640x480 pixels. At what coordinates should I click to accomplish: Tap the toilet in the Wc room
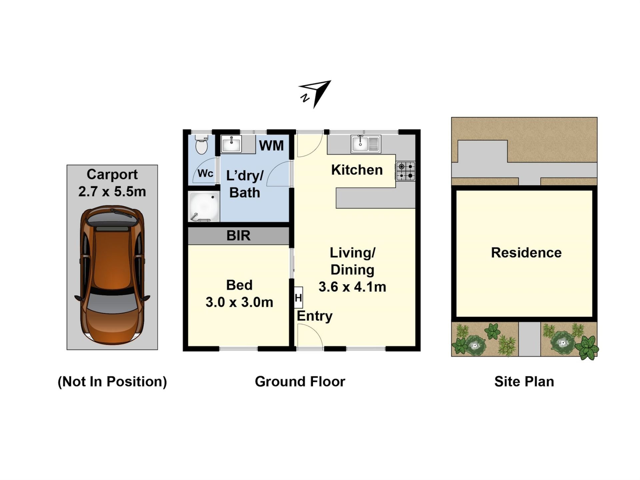[202, 144]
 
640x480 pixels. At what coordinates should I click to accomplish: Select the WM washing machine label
[271, 146]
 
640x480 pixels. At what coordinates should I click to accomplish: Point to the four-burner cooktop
[406, 171]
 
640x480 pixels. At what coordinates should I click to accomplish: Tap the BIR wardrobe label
[238, 236]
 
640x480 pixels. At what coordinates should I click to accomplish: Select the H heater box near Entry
[298, 297]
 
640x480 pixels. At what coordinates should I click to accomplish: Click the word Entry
[315, 316]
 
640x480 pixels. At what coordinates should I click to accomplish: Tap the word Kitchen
[357, 170]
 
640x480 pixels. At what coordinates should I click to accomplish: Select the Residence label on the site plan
[526, 253]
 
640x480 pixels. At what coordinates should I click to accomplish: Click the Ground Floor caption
[300, 382]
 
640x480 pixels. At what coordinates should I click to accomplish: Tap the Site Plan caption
[524, 382]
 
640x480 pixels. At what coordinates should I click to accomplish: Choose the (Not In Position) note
[112, 382]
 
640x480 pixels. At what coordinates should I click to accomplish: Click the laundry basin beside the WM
[231, 144]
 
